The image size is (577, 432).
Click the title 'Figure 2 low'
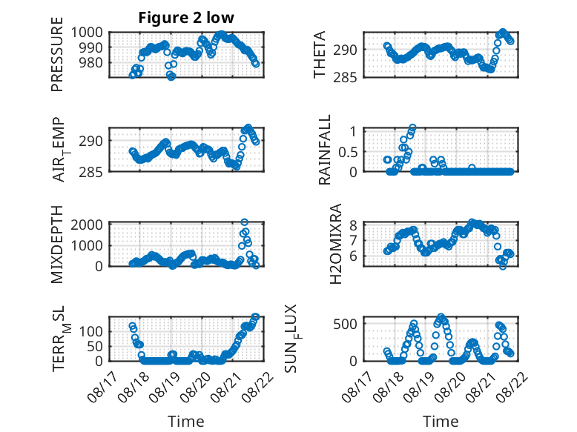pyautogui.click(x=186, y=18)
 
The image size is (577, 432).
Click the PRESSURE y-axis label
pyautogui.click(x=57, y=54)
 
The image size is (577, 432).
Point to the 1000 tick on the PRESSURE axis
pyautogui.click(x=87, y=33)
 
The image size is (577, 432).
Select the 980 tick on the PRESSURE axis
pyautogui.click(x=91, y=62)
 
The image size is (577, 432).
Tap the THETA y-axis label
pyautogui.click(x=320, y=54)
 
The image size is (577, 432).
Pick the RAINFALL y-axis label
pyautogui.click(x=325, y=150)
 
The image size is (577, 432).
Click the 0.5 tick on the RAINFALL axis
pyautogui.click(x=348, y=151)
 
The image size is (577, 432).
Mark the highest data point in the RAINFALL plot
pyautogui.click(x=412, y=127)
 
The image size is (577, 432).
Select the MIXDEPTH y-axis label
pyautogui.click(x=57, y=245)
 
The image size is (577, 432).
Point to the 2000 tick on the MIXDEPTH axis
pyautogui.click(x=87, y=225)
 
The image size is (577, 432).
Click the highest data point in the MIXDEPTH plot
pyautogui.click(x=244, y=222)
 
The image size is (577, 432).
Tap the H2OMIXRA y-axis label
pyautogui.click(x=336, y=244)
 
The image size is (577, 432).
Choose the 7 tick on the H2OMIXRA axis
pyautogui.click(x=353, y=241)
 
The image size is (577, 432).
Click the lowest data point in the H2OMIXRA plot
pyautogui.click(x=503, y=266)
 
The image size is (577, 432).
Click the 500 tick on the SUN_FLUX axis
pyautogui.click(x=345, y=324)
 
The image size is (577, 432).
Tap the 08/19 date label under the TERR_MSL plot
pyautogui.click(x=165, y=386)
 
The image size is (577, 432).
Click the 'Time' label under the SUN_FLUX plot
pyautogui.click(x=441, y=421)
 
